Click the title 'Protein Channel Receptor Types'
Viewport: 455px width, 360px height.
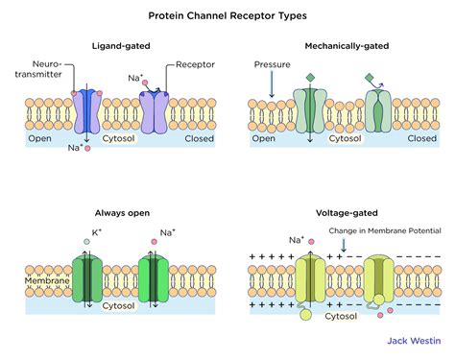click(227, 15)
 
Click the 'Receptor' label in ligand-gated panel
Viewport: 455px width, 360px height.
click(195, 65)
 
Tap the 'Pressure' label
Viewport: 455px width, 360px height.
click(272, 65)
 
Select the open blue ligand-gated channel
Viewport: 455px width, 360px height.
click(87, 113)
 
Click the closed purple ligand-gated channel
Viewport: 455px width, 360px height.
click(156, 113)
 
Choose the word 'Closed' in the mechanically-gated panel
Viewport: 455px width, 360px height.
click(421, 138)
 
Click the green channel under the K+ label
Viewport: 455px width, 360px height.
click(87, 280)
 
